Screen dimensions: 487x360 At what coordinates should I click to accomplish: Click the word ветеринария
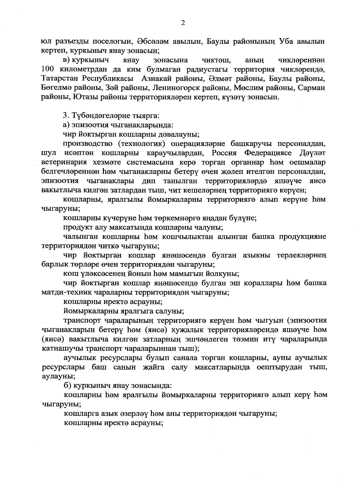[x=60, y=162]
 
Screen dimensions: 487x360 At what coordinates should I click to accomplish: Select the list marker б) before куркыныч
[x=67, y=385]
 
